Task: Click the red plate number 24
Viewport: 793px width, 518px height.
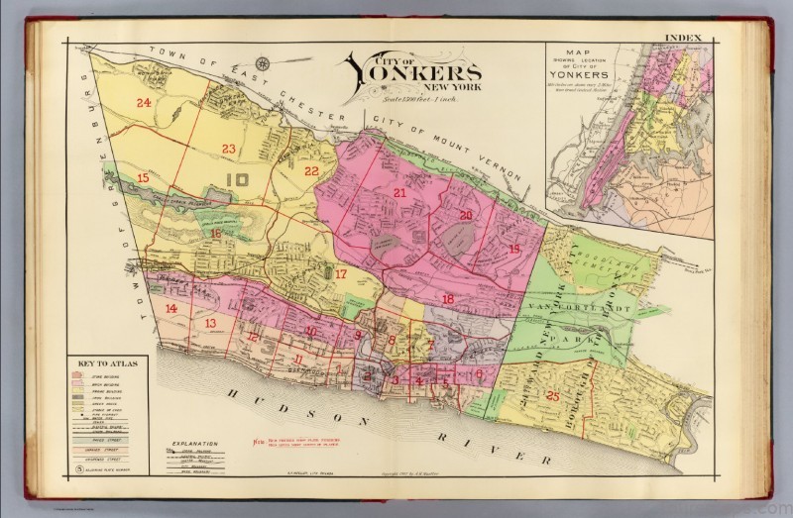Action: pos(145,102)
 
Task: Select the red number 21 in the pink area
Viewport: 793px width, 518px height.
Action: pos(399,193)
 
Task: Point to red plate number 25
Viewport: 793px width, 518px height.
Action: pos(553,397)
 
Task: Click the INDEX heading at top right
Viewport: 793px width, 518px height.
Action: pos(684,39)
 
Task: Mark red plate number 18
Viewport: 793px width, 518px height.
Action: pos(447,298)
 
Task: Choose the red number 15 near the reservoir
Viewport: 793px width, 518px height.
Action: pos(144,178)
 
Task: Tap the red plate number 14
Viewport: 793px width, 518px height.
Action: pos(171,309)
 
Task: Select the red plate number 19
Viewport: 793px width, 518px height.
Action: pos(513,249)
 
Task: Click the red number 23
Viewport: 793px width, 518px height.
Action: pos(228,149)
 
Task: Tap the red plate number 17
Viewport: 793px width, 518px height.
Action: pos(340,274)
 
